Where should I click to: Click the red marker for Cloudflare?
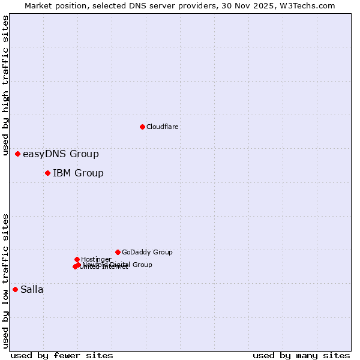click(x=142, y=127)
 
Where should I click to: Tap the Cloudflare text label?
click(x=163, y=127)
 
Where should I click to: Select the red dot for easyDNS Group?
click(x=17, y=154)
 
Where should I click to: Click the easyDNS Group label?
click(x=61, y=154)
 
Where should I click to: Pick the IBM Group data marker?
click(x=47, y=173)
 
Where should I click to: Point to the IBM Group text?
click(x=78, y=173)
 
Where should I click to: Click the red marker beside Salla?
click(x=15, y=289)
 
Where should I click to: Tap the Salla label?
click(x=32, y=290)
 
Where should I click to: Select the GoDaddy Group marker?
click(x=118, y=252)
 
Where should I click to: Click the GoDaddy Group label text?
click(x=147, y=253)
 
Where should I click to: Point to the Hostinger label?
click(x=96, y=259)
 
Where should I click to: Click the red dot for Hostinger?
click(x=77, y=259)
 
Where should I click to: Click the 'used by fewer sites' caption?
click(x=62, y=355)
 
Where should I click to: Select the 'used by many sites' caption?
click(x=301, y=355)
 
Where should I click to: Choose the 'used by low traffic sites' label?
click(x=6, y=281)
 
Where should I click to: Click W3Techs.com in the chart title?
click(x=311, y=5)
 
